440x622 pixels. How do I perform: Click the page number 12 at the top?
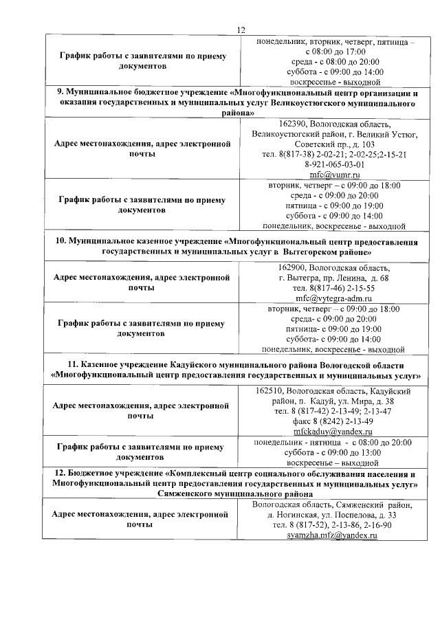[241, 30]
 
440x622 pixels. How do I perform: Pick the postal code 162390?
[276, 124]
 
